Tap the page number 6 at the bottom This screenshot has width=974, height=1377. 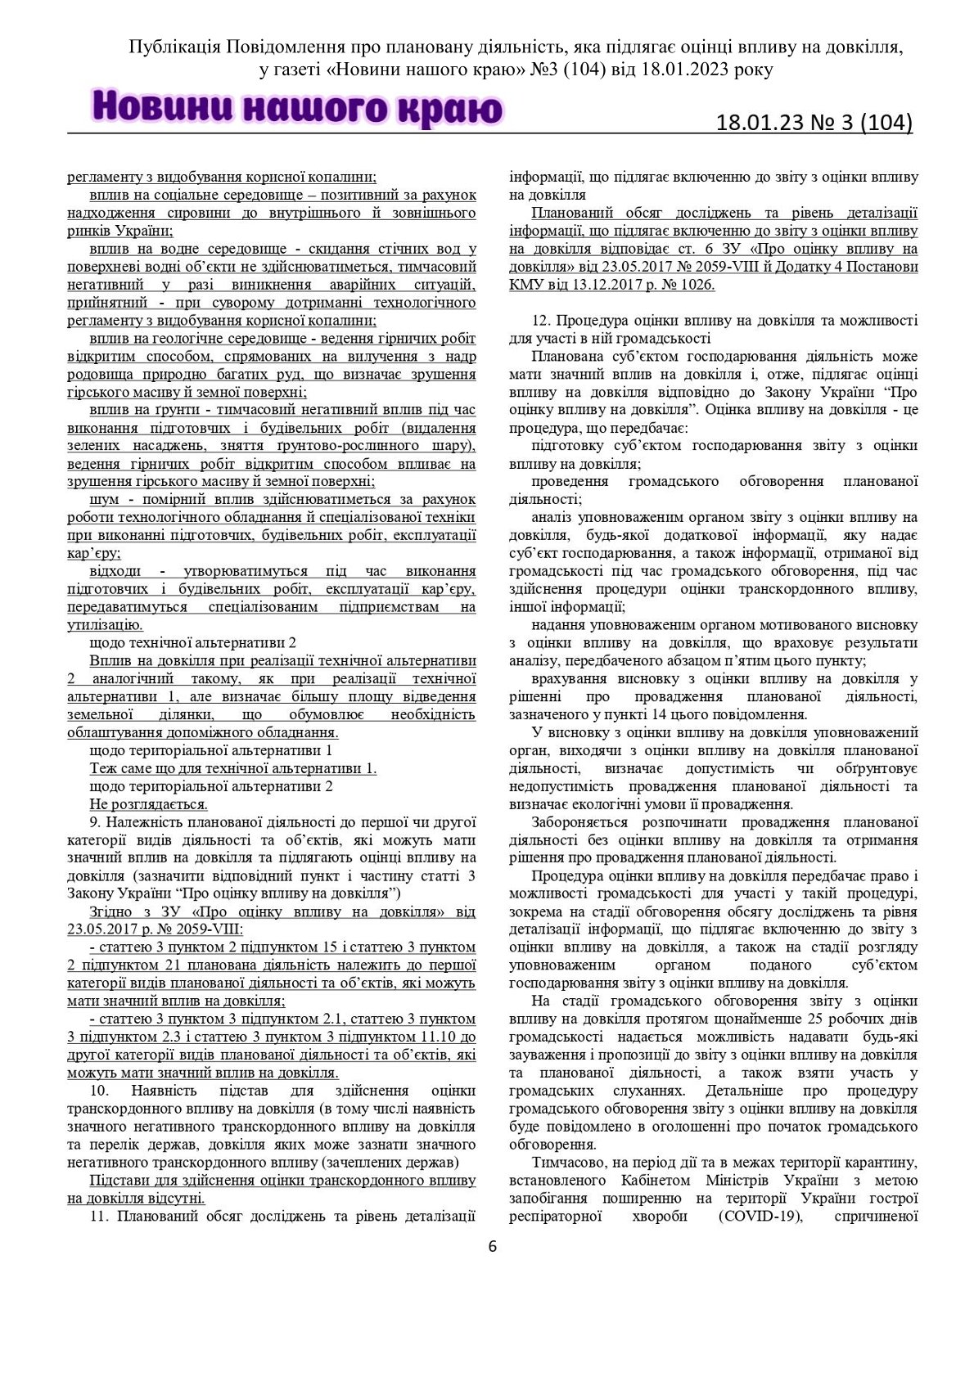[492, 1246]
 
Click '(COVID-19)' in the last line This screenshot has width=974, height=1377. [758, 1216]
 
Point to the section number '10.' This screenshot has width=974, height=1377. [99, 1091]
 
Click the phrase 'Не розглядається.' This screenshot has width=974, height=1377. [137, 804]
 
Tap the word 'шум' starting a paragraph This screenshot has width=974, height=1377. [103, 499]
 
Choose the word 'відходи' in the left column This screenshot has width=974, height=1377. [115, 571]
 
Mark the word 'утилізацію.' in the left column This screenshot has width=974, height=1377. [105, 625]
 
